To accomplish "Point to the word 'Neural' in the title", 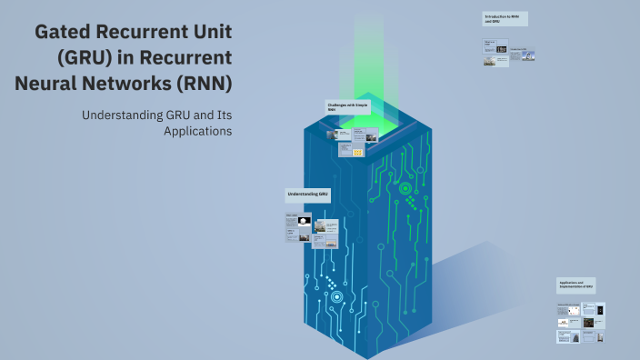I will (46, 84).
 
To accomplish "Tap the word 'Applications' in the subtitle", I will (197, 131).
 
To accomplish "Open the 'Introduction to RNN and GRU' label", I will (505, 18).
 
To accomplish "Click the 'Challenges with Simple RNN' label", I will (348, 107).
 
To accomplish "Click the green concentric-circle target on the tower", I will (404, 189).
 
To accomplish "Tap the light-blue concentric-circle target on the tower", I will (336, 296).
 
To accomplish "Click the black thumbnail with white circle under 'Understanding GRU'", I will (303, 221).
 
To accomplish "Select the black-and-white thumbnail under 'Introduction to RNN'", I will (502, 49).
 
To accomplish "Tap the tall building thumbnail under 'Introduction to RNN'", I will (526, 57).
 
